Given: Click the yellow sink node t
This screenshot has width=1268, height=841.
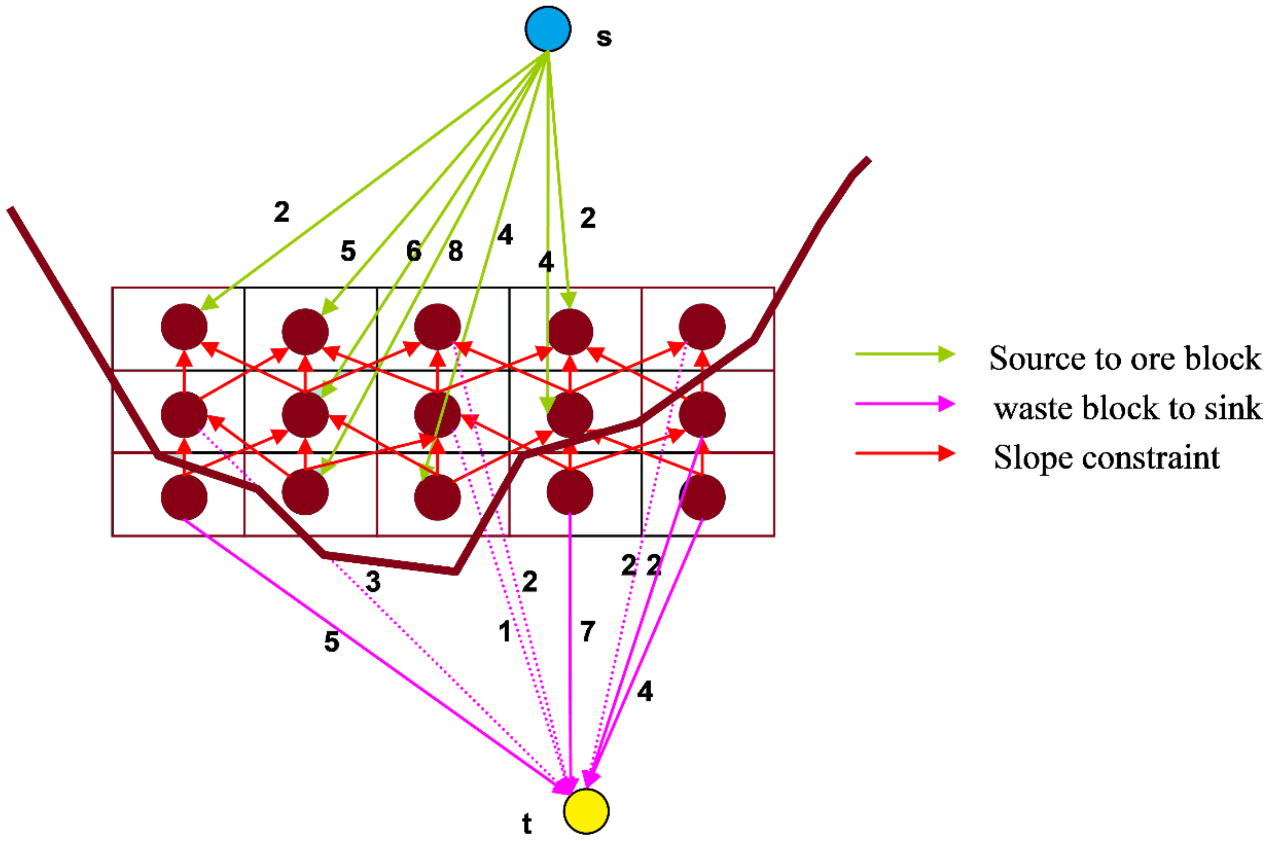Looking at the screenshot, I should (586, 811).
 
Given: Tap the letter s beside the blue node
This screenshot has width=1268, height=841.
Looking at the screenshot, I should (604, 37).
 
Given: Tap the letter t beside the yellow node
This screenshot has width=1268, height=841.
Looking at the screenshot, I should (527, 823).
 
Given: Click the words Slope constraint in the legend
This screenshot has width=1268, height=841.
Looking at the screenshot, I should (1106, 458).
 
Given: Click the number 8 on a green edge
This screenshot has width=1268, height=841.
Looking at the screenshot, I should (455, 250).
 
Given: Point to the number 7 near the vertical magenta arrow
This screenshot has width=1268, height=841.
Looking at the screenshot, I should (588, 631).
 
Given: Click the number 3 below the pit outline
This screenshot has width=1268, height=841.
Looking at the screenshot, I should (373, 581).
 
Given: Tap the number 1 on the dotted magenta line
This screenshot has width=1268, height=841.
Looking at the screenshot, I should (505, 631).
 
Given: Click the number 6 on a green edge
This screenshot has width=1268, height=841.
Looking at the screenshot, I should (414, 250).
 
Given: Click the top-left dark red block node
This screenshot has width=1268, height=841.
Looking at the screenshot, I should (184, 326).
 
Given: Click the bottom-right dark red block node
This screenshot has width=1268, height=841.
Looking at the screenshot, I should (702, 497).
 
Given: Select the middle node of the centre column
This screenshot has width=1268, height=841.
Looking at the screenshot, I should (437, 414).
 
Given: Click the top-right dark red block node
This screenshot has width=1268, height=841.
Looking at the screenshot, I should (702, 326).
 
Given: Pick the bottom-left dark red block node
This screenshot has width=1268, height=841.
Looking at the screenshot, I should (184, 497).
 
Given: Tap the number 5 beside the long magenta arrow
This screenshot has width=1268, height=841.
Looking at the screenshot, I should (331, 641).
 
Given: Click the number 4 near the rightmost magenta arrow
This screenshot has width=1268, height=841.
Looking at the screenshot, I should (645, 691).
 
